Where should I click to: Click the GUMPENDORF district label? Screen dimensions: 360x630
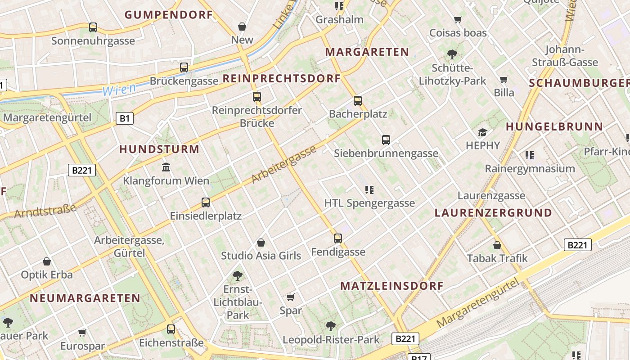pos(168,15)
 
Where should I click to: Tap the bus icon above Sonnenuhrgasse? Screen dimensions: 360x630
pos(93,27)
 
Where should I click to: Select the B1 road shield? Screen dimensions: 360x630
pos(125,119)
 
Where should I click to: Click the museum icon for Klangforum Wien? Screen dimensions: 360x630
pos(166,167)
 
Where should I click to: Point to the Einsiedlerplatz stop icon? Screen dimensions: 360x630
pos(206,202)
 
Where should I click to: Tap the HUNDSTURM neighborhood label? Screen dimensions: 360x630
pos(159,149)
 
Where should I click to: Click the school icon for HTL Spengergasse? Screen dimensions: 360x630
pos(369,190)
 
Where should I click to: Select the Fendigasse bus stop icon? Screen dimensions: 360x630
pos(338,238)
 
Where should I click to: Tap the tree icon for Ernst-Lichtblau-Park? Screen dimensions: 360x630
pos(238,275)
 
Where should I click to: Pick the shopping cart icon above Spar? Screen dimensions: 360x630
pos(291,297)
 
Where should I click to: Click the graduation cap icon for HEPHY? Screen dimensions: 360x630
pos(483,132)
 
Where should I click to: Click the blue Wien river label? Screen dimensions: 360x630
pos(119,90)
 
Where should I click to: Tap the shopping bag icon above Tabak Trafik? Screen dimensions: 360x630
pos(497,245)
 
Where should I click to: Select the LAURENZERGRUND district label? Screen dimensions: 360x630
pos(493,213)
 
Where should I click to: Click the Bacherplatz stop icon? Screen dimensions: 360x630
pos(358,101)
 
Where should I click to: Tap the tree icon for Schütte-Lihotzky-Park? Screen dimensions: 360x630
pos(452,55)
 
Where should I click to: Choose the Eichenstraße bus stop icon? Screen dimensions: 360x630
pos(171,329)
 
